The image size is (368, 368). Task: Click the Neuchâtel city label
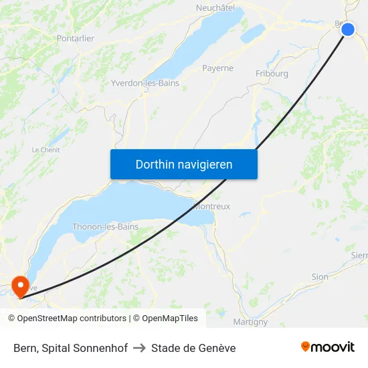215,8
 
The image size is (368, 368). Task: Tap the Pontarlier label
76,39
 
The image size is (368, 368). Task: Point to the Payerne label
218,68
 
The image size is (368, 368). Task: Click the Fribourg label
272,74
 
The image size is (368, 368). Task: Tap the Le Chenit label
46,150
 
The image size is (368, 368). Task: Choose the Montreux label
212,207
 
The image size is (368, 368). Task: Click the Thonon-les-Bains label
105,227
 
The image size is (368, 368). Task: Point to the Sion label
320,276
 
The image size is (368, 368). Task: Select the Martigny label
250,322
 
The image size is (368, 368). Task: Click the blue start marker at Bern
348,29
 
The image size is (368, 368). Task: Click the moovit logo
328,347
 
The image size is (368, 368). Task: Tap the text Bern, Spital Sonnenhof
70,348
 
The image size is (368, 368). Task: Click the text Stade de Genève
193,348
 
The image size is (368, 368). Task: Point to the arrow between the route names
139,348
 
